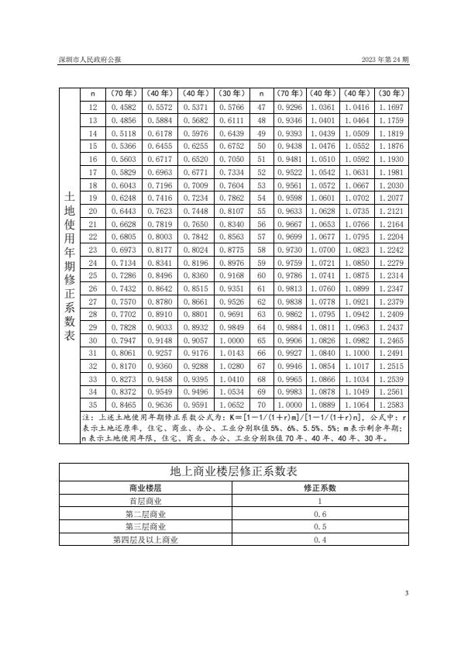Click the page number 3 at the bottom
click(407, 593)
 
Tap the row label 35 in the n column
click(93, 404)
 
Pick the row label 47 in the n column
click(261, 106)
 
